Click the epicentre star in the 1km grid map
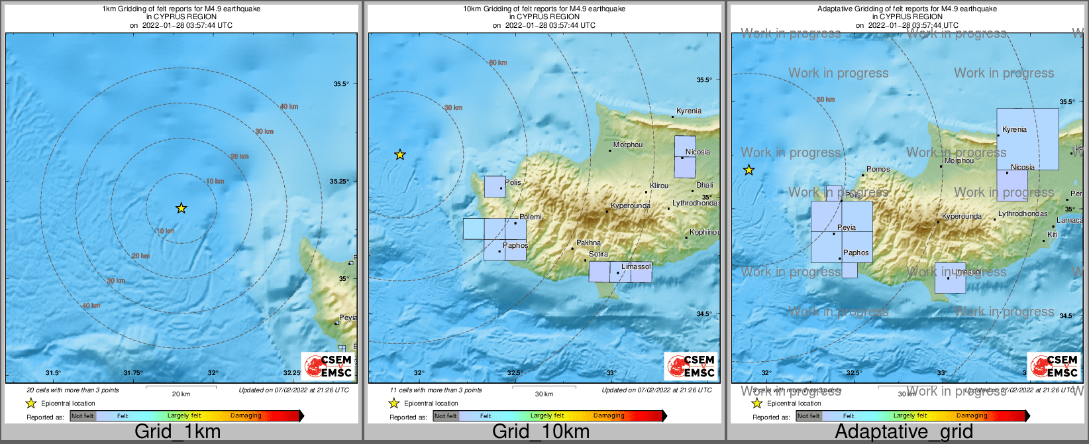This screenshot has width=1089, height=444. pyautogui.click(x=181, y=208)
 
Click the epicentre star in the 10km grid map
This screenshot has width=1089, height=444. pyautogui.click(x=400, y=155)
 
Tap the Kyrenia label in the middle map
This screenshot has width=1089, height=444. pyautogui.click(x=688, y=111)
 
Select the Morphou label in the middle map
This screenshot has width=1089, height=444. pyautogui.click(x=627, y=144)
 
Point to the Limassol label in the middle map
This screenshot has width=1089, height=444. pyautogui.click(x=636, y=266)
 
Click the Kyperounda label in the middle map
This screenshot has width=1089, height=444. pyautogui.click(x=630, y=205)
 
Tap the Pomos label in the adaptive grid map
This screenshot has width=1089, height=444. pyautogui.click(x=878, y=169)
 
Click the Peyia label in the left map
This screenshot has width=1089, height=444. pyautogui.click(x=348, y=317)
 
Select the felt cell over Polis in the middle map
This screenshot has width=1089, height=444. pyautogui.click(x=495, y=186)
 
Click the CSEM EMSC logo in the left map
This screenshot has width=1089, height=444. pyautogui.click(x=329, y=366)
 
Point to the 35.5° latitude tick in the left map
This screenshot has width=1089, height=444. pyautogui.click(x=340, y=83)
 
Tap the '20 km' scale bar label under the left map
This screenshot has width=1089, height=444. pyautogui.click(x=181, y=394)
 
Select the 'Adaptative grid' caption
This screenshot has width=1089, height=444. pyautogui.click(x=904, y=431)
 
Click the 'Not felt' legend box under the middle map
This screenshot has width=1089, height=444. pyautogui.click(x=446, y=416)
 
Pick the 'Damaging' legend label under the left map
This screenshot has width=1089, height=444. pyautogui.click(x=246, y=416)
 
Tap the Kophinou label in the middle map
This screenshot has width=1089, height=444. pyautogui.click(x=704, y=232)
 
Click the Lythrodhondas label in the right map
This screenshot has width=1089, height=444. pyautogui.click(x=1023, y=213)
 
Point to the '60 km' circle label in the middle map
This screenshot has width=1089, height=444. pyautogui.click(x=498, y=62)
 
